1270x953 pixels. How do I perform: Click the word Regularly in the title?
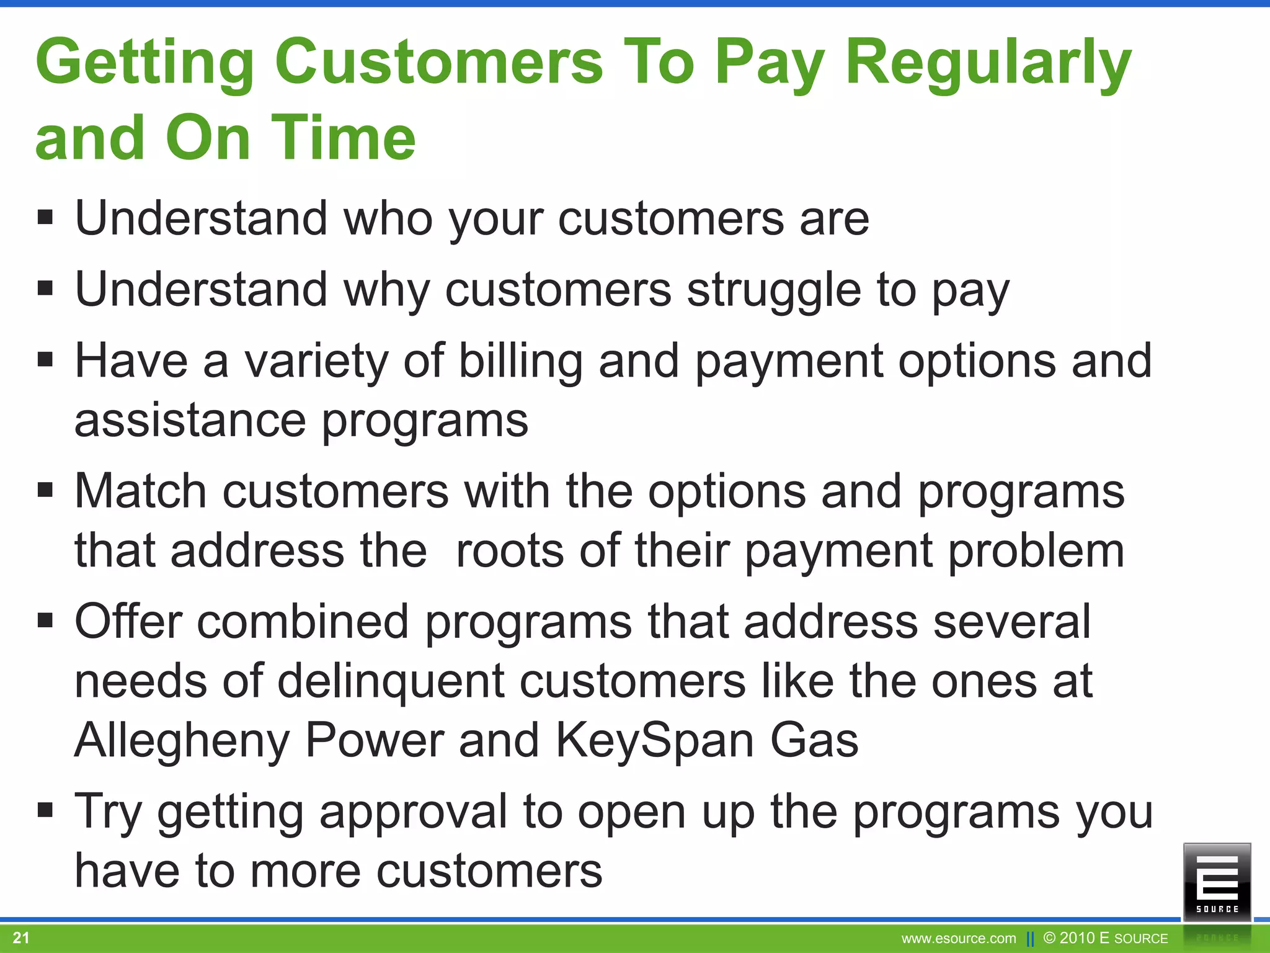pyautogui.click(x=988, y=62)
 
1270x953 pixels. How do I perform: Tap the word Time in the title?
pyautogui.click(x=344, y=138)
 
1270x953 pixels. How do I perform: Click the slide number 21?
pyautogui.click(x=21, y=937)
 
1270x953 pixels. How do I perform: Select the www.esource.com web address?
pyautogui.click(x=959, y=939)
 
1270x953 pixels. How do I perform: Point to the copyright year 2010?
pyautogui.click(x=1078, y=937)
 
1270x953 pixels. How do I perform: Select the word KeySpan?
pyautogui.click(x=654, y=741)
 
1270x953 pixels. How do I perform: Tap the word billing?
pyautogui.click(x=520, y=361)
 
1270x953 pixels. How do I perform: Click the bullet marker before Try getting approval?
pyautogui.click(x=45, y=810)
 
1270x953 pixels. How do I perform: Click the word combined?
pyautogui.click(x=303, y=622)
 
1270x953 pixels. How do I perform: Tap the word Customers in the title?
pyautogui.click(x=438, y=62)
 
